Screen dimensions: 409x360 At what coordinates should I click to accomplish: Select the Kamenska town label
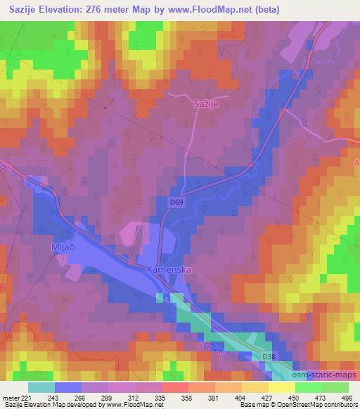169,270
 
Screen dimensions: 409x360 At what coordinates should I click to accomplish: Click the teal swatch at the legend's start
41,387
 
